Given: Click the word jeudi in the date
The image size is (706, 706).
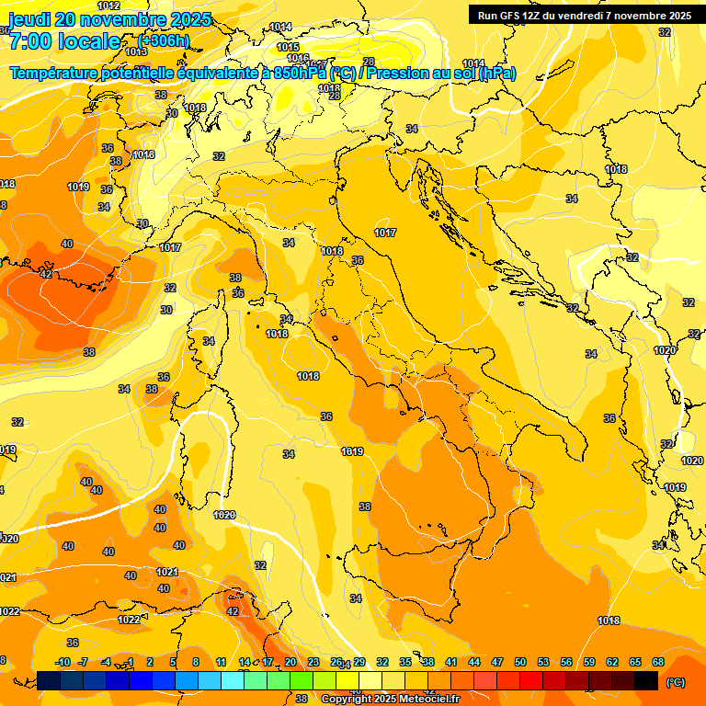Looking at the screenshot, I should point(27,19).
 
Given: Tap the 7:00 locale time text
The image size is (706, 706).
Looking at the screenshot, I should point(64,41).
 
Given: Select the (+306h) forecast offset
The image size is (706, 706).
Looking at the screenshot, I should point(165,41).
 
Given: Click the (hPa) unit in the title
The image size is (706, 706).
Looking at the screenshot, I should point(496,73).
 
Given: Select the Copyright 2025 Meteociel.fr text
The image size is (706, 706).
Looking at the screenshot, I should point(390,699).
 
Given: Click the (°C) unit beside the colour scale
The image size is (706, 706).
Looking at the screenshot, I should point(676,682).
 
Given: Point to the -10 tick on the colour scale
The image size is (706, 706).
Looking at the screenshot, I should point(63,663).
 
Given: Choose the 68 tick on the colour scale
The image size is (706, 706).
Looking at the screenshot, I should point(658,663).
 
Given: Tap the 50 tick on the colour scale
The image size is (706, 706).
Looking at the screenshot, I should point(520,663).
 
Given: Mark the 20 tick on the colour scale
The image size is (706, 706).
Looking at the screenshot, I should point(290,663).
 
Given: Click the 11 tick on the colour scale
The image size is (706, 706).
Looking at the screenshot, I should point(221,663).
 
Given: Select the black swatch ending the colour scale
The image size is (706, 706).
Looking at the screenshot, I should point(646,680).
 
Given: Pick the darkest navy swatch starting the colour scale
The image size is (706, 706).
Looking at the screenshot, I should point(49,680).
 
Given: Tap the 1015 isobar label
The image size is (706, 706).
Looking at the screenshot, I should point(288,47).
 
